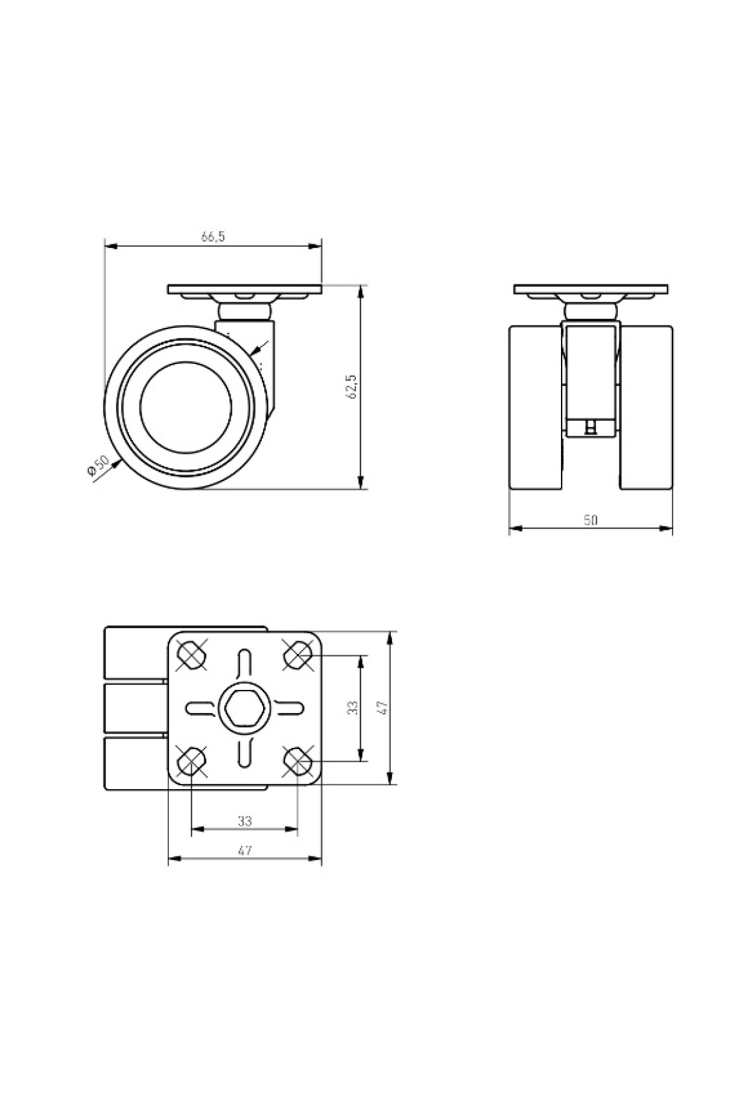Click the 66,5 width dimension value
click(213, 237)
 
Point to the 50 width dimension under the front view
click(590, 520)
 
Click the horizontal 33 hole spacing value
click(244, 821)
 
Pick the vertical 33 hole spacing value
click(353, 707)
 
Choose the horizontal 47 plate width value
click(244, 851)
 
